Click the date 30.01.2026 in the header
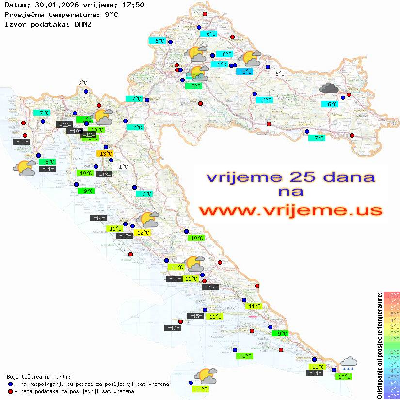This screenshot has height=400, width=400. tap(51, 5)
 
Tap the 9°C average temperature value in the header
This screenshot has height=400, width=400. tap(111, 15)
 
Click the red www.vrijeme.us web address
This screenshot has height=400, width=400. tap(290, 210)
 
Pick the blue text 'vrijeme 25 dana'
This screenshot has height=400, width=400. tap(290, 177)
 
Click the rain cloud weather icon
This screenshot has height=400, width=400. tap(349, 364)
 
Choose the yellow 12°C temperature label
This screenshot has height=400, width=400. tap(143, 233)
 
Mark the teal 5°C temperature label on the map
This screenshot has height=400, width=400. tap(247, 72)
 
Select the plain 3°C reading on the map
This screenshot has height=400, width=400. tap(82, 83)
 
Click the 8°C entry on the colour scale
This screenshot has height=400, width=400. tap(392, 295)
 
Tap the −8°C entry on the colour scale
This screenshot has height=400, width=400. tap(392, 396)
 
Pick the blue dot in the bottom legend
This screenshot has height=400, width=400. tap(11, 384)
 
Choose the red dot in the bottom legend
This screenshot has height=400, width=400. tap(11, 391)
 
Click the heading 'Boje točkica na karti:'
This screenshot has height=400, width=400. tap(39, 377)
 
